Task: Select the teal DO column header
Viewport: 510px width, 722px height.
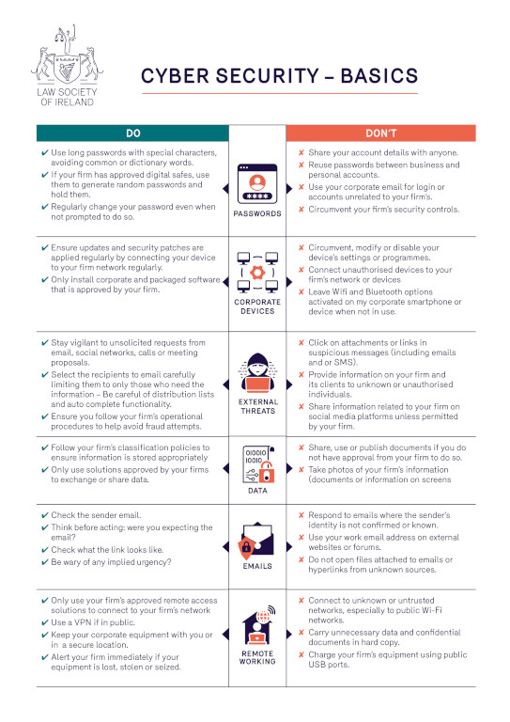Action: [x=131, y=133]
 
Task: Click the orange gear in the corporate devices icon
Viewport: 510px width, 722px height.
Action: [x=255, y=272]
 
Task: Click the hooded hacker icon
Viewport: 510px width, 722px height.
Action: [x=255, y=375]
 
